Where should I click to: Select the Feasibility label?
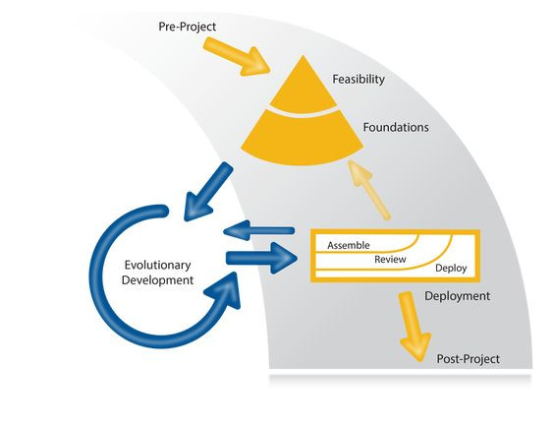(x=359, y=80)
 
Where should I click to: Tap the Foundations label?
(x=395, y=128)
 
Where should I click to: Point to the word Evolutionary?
(x=158, y=265)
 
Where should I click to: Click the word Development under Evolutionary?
(x=158, y=280)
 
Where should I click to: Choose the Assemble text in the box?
(x=349, y=245)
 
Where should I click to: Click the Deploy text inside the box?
(x=450, y=269)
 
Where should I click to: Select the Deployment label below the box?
(x=457, y=295)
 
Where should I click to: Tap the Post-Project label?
(x=468, y=360)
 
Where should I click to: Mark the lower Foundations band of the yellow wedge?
(x=304, y=137)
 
